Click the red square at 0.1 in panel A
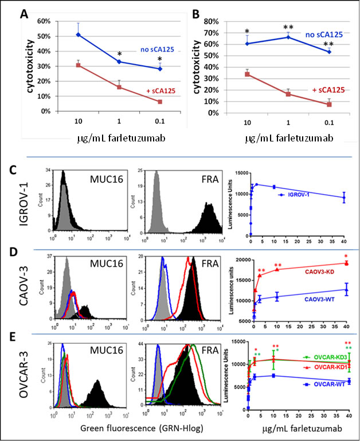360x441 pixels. pyautogui.click(x=160, y=102)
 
